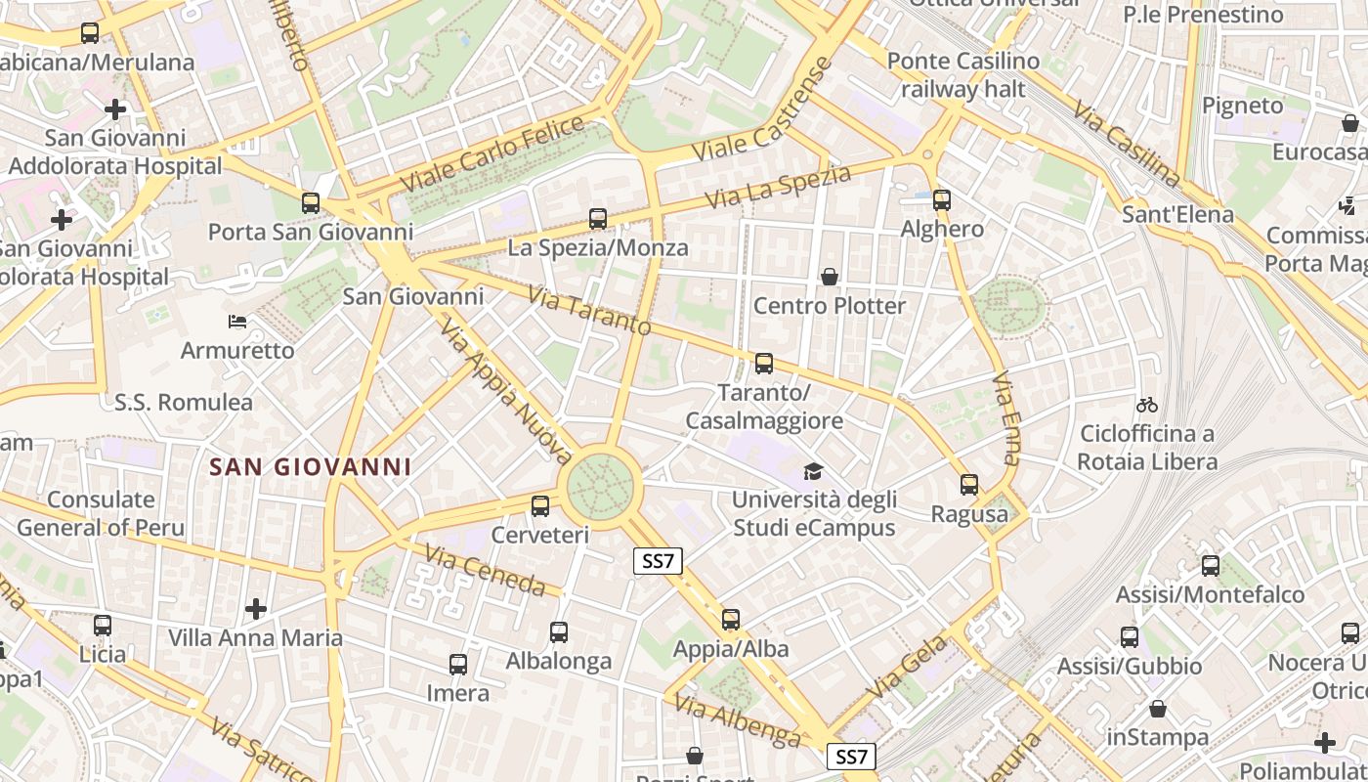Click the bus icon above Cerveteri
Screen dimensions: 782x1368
click(540, 506)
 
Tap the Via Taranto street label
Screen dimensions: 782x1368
click(589, 310)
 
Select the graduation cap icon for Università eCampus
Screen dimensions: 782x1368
click(813, 472)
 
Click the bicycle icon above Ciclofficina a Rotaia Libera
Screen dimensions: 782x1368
click(1147, 405)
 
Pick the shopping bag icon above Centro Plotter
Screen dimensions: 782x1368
click(830, 277)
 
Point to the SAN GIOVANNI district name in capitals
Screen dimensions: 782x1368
click(311, 466)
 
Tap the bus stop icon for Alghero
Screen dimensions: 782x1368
click(942, 200)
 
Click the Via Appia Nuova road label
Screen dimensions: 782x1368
click(505, 391)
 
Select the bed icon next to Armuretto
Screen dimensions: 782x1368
click(236, 322)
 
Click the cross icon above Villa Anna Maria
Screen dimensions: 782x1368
click(256, 609)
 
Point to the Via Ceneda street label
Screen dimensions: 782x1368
click(485, 570)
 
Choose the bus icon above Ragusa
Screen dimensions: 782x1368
click(969, 484)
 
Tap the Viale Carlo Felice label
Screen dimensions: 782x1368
click(492, 153)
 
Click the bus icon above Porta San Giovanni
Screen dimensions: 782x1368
click(311, 203)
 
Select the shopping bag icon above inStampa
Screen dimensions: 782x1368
click(1158, 708)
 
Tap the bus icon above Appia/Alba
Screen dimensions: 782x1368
click(731, 619)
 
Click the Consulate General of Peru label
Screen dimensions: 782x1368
click(101, 513)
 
